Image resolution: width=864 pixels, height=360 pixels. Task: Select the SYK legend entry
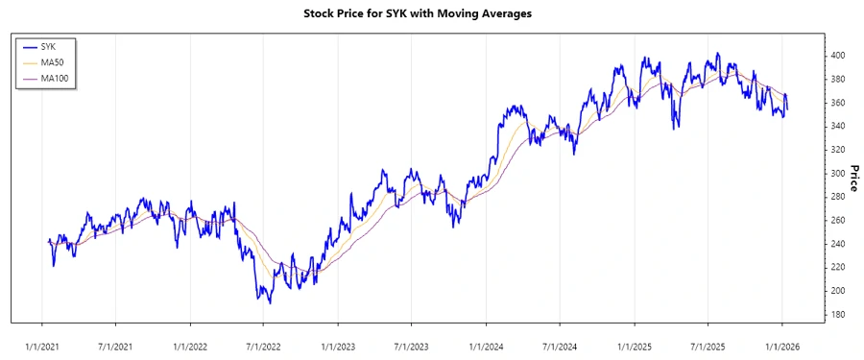(47, 46)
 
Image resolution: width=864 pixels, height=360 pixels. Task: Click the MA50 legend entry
(51, 61)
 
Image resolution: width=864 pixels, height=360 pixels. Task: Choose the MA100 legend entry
(53, 78)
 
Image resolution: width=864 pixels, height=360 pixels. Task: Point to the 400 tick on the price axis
(839, 56)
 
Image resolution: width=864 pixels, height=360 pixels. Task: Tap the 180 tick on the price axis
(839, 314)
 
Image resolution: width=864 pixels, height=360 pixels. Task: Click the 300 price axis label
(839, 173)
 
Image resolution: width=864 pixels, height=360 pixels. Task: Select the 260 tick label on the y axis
(839, 220)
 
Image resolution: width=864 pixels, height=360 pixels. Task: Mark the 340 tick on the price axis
(839, 126)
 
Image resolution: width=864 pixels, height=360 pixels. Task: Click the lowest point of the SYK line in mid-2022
(270, 303)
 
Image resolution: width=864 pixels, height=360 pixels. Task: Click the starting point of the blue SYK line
(48, 240)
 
